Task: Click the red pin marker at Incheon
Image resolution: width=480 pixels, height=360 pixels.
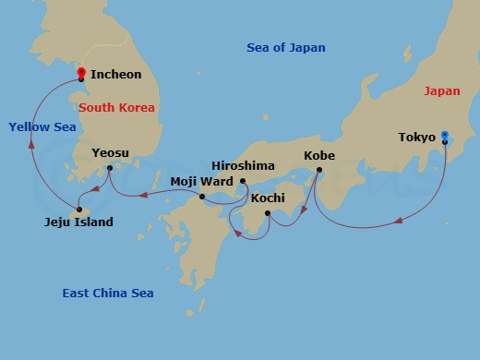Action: pos(81,73)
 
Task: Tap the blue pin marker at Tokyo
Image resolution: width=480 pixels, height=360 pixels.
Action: pos(444,136)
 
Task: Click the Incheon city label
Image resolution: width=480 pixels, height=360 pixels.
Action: pos(116,74)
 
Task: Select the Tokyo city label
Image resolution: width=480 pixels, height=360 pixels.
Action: pos(416,138)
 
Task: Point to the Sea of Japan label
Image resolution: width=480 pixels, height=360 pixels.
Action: pos(286,48)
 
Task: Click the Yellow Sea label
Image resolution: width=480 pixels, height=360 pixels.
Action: pos(42,126)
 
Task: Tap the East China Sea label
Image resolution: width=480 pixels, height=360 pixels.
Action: pos(108,294)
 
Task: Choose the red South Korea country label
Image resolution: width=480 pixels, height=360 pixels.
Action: pos(117,108)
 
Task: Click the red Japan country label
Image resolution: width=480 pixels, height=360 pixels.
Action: pos(441,91)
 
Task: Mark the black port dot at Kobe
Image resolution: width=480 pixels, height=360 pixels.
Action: pos(319,171)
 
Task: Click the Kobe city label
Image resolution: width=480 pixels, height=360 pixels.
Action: pos(318,156)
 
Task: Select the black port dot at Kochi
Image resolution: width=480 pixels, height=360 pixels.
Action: pos(267,213)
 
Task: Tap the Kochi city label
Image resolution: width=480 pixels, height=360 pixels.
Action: pos(268,198)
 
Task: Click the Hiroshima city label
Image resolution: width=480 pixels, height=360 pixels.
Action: pos(243,165)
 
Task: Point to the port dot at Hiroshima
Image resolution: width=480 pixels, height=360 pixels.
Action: pos(243,181)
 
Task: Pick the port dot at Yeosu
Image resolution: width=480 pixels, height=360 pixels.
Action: pos(110,168)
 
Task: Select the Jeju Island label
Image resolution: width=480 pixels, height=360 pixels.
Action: pos(79,222)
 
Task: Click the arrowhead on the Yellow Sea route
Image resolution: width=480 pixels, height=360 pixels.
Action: pos(32,144)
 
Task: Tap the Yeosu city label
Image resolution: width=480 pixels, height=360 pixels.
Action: pos(111,152)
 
